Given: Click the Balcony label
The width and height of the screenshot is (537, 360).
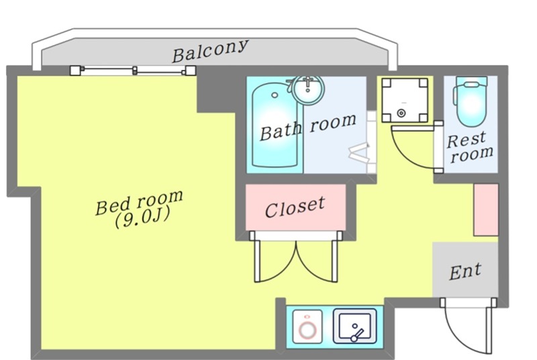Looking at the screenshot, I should tap(210, 51).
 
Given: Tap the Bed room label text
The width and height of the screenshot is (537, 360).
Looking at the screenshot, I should tap(139, 203).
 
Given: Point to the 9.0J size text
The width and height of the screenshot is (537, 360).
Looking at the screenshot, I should tap(140, 219).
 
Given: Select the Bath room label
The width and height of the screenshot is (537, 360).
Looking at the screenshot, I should tap(307, 126).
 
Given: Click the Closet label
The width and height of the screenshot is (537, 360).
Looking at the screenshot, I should tap(295, 207).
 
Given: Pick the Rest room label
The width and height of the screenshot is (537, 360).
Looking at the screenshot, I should tap(471, 147).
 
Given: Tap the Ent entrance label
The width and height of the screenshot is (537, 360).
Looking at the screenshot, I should tap(465, 271).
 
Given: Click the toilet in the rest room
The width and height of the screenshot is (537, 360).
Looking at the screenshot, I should tap(471, 102).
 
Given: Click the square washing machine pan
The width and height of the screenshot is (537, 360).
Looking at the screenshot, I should tap(404, 100).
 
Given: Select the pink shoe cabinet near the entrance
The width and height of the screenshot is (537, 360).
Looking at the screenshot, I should tap(485, 209).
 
